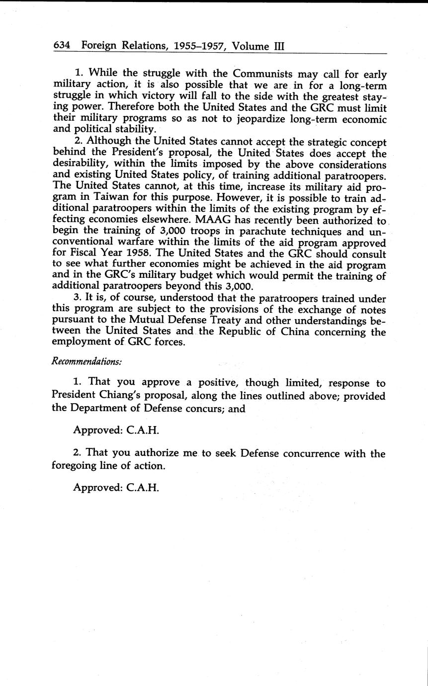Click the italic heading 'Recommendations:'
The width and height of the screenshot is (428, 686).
pyautogui.click(x=87, y=361)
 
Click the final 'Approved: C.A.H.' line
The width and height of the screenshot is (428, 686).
pyautogui.click(x=116, y=488)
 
